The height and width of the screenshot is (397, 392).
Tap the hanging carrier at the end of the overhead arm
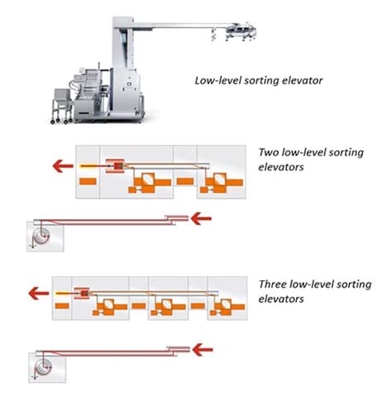pyautogui.click(x=234, y=33)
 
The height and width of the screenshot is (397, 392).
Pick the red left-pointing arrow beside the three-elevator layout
pyautogui.click(x=36, y=293)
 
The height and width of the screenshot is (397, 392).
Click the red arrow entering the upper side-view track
pyautogui.click(x=201, y=219)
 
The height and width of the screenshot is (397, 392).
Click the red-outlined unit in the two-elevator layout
pyautogui.click(x=115, y=166)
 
